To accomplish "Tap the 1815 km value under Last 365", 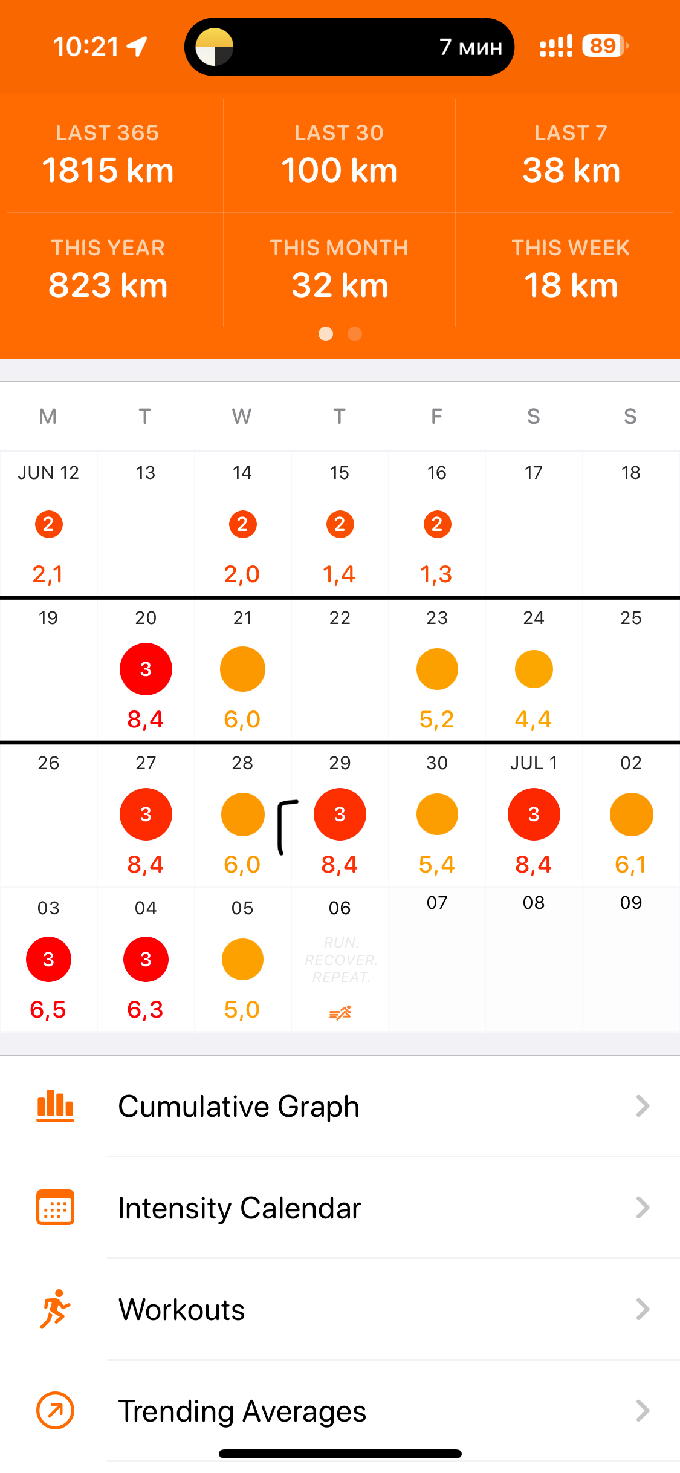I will coord(108,170).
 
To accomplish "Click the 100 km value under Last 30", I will coord(339,170).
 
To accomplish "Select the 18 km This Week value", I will coord(571,285).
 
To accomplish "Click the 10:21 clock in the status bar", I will coord(86,47).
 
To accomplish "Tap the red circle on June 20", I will coord(146,669).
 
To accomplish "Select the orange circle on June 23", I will coord(437,669).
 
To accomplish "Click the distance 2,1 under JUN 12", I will coord(48,574).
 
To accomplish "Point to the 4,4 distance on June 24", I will coord(533,719).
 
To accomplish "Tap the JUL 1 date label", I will coord(533,763).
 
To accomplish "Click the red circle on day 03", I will coord(48,959).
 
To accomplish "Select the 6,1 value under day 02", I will coord(630,865).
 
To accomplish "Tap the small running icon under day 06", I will coord(340,1013).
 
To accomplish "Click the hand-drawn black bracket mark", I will coord(285,826).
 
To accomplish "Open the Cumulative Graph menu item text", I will coord(239,1107).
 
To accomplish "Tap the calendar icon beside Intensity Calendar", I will coord(55,1208).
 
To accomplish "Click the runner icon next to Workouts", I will coord(55,1309).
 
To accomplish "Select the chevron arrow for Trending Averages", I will coord(643,1411).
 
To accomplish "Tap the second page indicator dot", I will coord(355,334).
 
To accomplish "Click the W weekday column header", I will coord(242,417).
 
